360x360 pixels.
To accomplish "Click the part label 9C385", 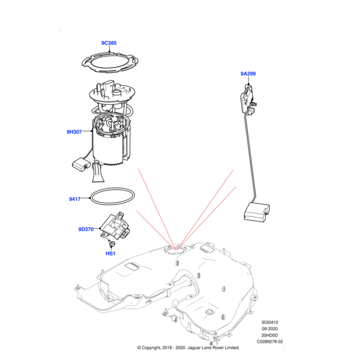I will [x=109, y=43].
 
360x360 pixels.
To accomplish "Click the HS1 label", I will [x=110, y=253].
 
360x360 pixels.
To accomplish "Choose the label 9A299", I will [x=248, y=74].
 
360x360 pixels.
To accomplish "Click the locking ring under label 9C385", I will [x=109, y=63].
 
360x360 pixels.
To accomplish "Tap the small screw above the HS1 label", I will [x=110, y=243].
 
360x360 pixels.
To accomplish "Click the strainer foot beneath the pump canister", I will [x=98, y=173].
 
